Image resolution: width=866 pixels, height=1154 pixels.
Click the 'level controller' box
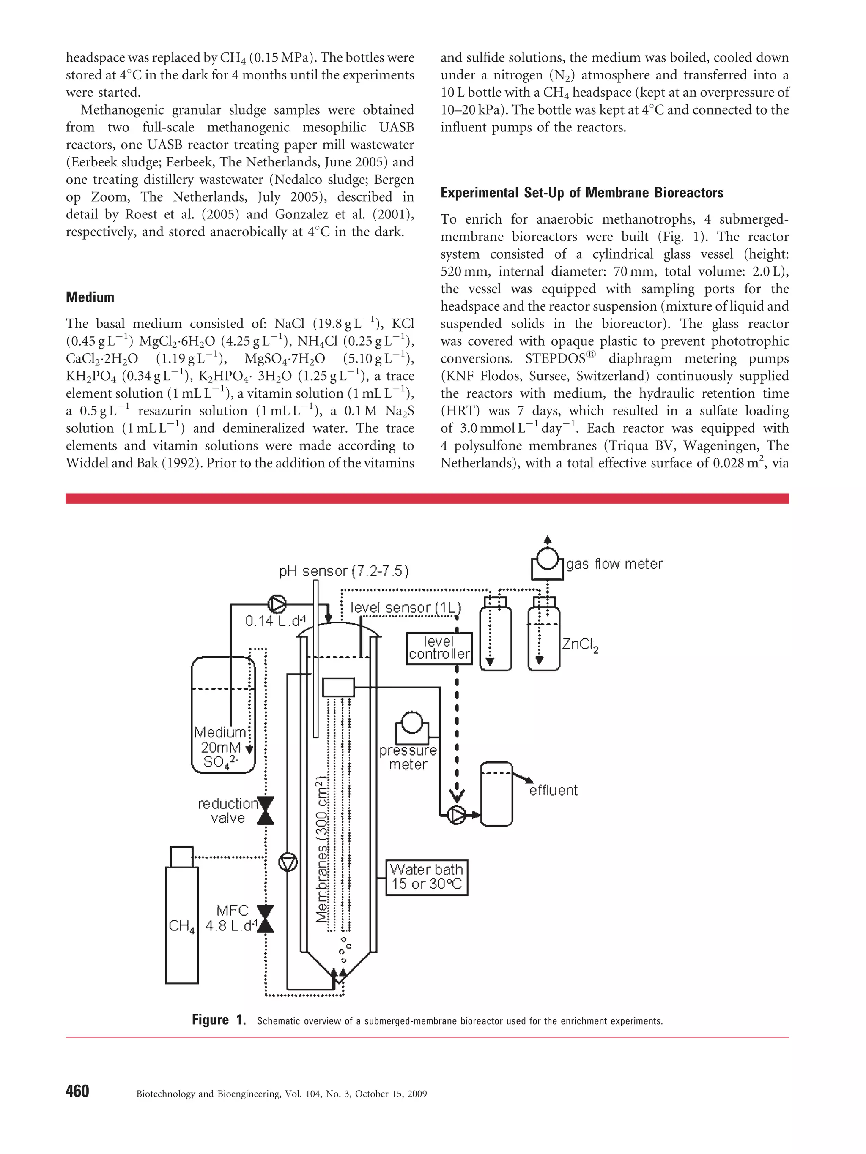439,648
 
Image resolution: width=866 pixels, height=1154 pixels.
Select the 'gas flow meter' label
614,564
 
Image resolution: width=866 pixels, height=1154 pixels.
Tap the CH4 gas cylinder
181,923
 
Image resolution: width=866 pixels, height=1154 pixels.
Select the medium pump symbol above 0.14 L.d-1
277,605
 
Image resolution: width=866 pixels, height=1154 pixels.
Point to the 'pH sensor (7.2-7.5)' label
343,571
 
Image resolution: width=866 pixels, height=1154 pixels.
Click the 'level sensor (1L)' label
406,607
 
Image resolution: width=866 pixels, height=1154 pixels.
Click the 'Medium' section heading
90,297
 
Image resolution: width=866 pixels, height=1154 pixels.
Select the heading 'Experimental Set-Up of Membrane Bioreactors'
581,193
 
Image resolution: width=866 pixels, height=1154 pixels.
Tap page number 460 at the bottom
77,1091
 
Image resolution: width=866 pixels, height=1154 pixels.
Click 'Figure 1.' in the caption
219,1020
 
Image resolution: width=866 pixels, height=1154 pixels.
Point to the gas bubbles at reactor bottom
345,952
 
